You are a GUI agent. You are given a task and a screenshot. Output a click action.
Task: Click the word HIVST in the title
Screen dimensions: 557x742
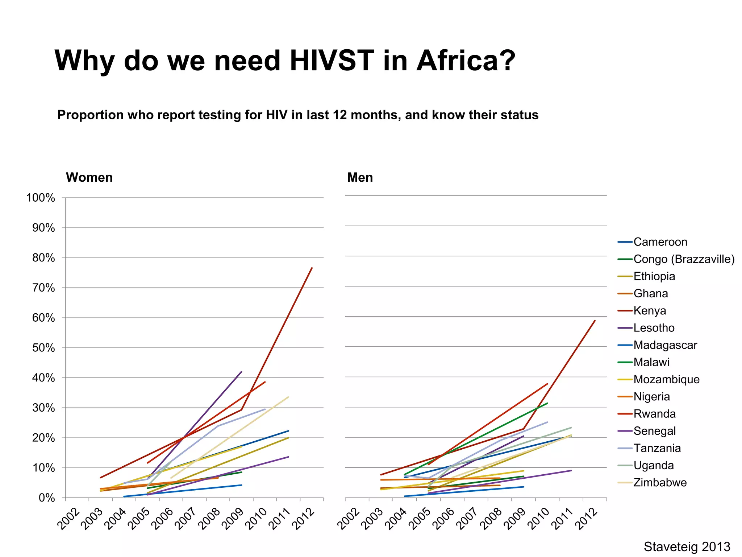coord(332,60)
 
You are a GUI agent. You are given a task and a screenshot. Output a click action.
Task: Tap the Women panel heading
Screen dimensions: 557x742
coord(89,177)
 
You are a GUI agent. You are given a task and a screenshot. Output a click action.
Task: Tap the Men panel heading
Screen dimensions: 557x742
coord(360,177)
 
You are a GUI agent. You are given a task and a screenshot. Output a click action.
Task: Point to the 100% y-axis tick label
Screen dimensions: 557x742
coord(41,198)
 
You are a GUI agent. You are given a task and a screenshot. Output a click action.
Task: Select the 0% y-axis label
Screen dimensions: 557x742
coord(47,498)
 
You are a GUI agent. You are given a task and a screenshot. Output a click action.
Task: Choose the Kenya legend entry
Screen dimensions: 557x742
coord(650,311)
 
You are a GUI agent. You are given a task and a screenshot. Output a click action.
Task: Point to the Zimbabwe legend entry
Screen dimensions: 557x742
coord(660,483)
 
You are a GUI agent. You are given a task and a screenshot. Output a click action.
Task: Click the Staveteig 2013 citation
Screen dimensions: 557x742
coord(687,546)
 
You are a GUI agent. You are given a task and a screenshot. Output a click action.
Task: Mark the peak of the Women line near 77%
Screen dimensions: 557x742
coord(312,268)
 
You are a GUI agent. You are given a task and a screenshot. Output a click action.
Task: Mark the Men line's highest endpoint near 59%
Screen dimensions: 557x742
coord(595,321)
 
